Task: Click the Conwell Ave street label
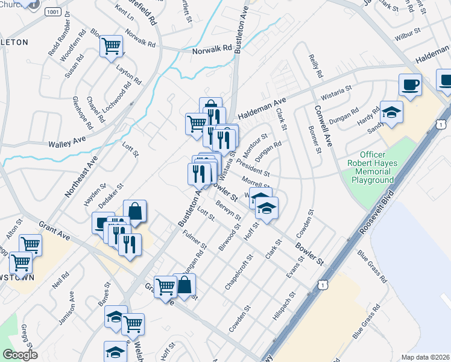coord(323,126)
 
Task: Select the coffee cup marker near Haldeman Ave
coord(410,85)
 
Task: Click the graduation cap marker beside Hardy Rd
coord(391,112)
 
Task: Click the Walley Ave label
coord(68,142)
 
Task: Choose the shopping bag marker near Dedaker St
coord(135,211)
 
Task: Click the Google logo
coord(20,355)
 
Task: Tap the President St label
coord(253,168)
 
